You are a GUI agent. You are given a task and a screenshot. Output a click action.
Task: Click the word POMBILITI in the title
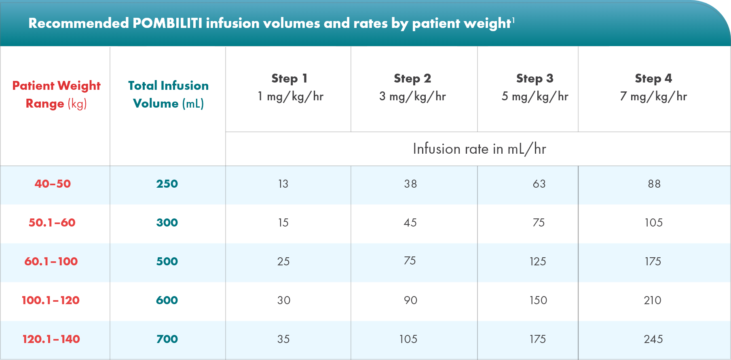[x=167, y=23]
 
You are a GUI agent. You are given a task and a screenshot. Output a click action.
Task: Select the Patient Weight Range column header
[x=56, y=94]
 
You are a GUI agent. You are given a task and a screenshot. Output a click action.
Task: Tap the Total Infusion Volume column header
[x=168, y=94]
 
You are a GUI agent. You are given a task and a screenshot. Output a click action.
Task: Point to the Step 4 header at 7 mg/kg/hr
[x=653, y=87]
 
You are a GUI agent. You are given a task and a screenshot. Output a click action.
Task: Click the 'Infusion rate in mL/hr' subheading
[x=479, y=149]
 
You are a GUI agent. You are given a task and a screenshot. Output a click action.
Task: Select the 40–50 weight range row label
[x=53, y=184]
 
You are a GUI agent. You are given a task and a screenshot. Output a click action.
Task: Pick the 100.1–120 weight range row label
[x=51, y=300]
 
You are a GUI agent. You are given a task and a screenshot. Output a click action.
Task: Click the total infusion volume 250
[x=167, y=184]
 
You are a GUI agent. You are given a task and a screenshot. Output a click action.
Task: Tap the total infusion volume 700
[x=167, y=339]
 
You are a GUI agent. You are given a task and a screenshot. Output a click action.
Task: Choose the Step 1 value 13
[x=283, y=184]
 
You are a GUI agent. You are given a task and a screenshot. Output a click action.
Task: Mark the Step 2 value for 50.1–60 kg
[x=410, y=222]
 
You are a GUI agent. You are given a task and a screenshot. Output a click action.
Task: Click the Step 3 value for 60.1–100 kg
[x=538, y=261]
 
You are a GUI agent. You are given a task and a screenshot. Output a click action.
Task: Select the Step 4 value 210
[x=653, y=300]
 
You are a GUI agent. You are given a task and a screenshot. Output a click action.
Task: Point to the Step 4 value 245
[x=653, y=339]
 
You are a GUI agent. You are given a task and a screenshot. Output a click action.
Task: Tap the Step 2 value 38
[x=410, y=184]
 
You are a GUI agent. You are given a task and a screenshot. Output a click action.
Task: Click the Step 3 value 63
[x=539, y=184]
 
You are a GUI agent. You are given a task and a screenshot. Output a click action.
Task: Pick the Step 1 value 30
[x=283, y=300]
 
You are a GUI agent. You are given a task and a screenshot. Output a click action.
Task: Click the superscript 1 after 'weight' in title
[x=513, y=19]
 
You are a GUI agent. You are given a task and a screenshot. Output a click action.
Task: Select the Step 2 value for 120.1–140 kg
[x=408, y=339]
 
